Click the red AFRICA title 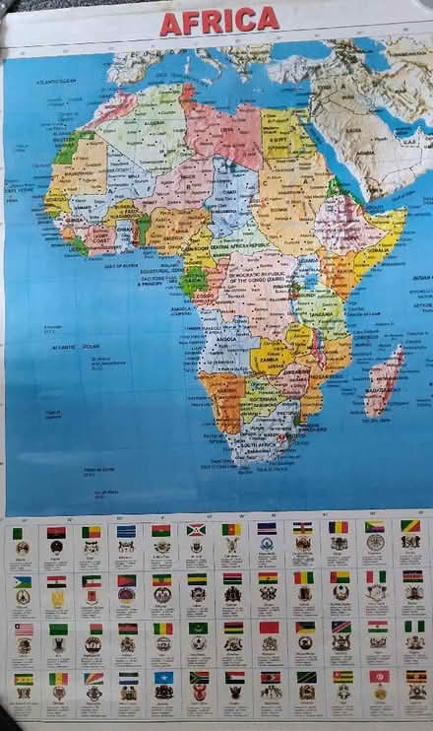pyautogui.click(x=218, y=21)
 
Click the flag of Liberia pyautogui.click(x=23, y=629)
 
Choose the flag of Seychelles pyautogui.click(x=93, y=679)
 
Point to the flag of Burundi pyautogui.click(x=196, y=530)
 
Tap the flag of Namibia pyautogui.click(x=340, y=628)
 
